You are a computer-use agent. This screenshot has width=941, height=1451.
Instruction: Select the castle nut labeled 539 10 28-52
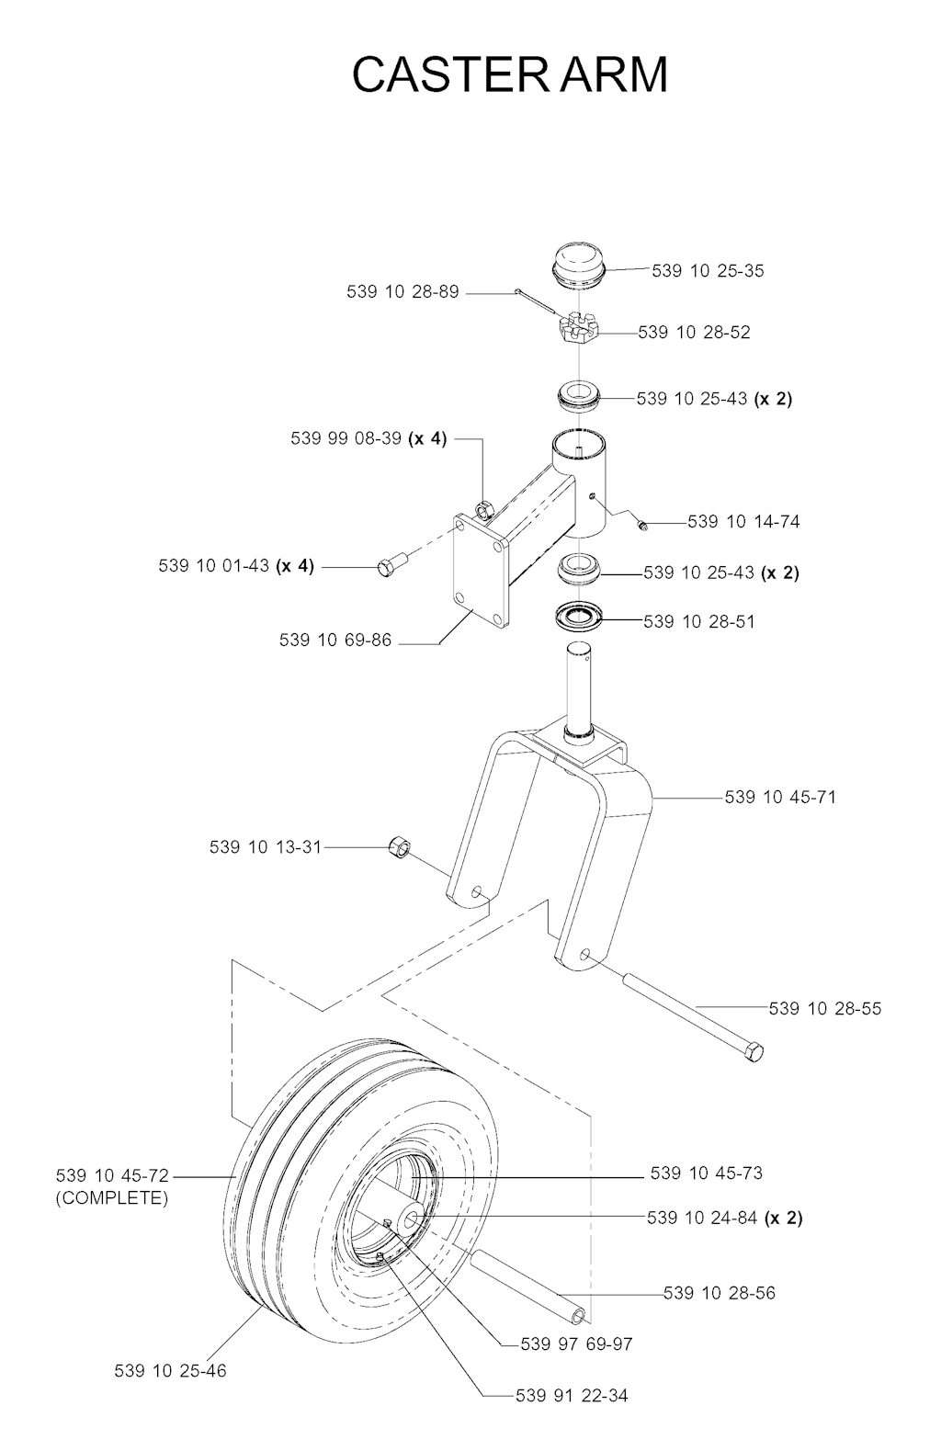point(578,328)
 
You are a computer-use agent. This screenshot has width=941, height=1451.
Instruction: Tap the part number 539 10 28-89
point(402,292)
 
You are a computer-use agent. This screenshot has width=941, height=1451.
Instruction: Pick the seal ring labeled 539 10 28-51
point(579,617)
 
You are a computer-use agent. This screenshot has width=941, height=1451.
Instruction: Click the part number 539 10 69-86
point(335,640)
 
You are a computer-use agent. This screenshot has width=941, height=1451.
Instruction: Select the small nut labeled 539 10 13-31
point(400,846)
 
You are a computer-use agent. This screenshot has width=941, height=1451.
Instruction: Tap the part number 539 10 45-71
point(780,797)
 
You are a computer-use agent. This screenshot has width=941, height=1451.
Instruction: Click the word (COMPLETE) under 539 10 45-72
point(112,1197)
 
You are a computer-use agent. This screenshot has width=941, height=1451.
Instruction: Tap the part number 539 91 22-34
point(572,1413)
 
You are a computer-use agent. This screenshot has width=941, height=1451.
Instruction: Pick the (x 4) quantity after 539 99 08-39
point(427,438)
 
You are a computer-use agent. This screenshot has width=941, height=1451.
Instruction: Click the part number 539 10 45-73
point(707,1173)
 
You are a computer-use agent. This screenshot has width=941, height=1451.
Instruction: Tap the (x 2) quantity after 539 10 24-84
point(784,1218)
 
